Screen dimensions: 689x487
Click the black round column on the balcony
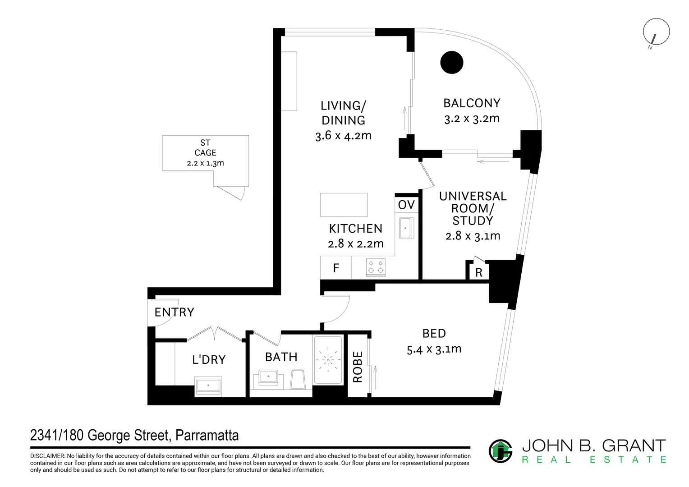[x=451, y=62]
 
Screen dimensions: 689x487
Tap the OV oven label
[x=406, y=205]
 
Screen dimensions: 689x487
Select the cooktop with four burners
[x=376, y=267]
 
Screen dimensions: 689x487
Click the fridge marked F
[x=336, y=268]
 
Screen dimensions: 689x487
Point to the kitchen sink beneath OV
[x=406, y=228]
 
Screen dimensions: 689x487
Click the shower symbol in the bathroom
[x=328, y=360]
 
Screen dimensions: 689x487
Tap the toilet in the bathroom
[x=298, y=379]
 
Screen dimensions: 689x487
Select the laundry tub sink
[x=208, y=386]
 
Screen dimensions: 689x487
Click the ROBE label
[x=358, y=367]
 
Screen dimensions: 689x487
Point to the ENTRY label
[x=174, y=312]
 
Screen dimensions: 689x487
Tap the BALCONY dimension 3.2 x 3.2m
[x=472, y=119]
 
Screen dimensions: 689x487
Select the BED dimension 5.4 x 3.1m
[x=434, y=349]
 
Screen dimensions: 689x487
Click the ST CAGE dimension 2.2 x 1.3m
[x=205, y=163]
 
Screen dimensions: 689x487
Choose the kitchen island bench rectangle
[x=344, y=205]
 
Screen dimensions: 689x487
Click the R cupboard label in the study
[x=478, y=272]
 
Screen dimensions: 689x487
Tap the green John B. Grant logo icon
[x=501, y=451]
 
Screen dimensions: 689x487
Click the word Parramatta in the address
[x=207, y=435]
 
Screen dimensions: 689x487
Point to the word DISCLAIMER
[x=47, y=456]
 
